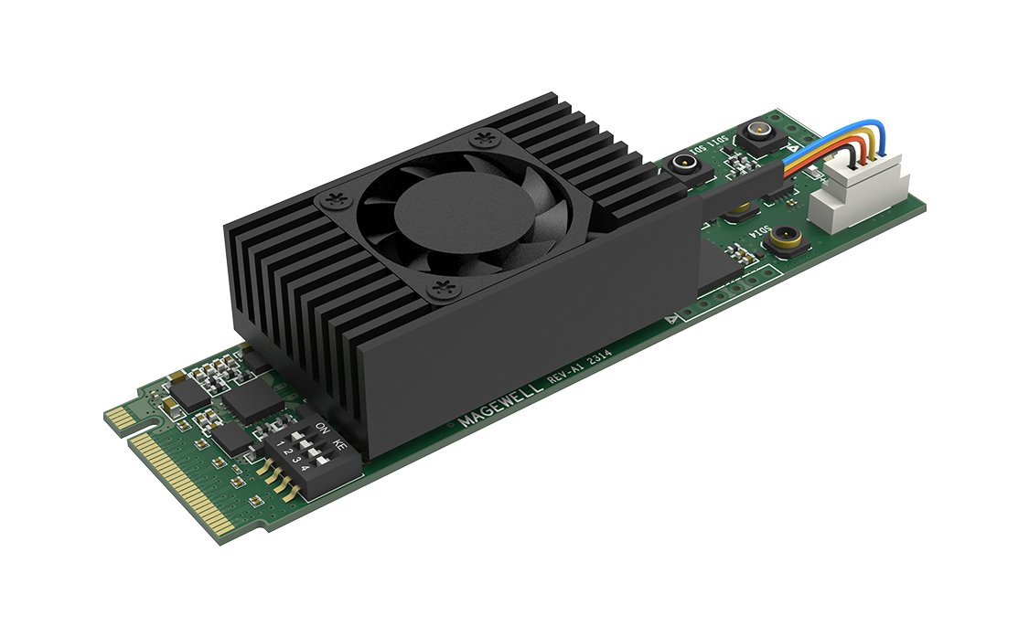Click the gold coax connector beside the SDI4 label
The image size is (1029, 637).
782,241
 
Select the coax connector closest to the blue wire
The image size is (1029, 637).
757,140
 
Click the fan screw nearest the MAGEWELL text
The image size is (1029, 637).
445,290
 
